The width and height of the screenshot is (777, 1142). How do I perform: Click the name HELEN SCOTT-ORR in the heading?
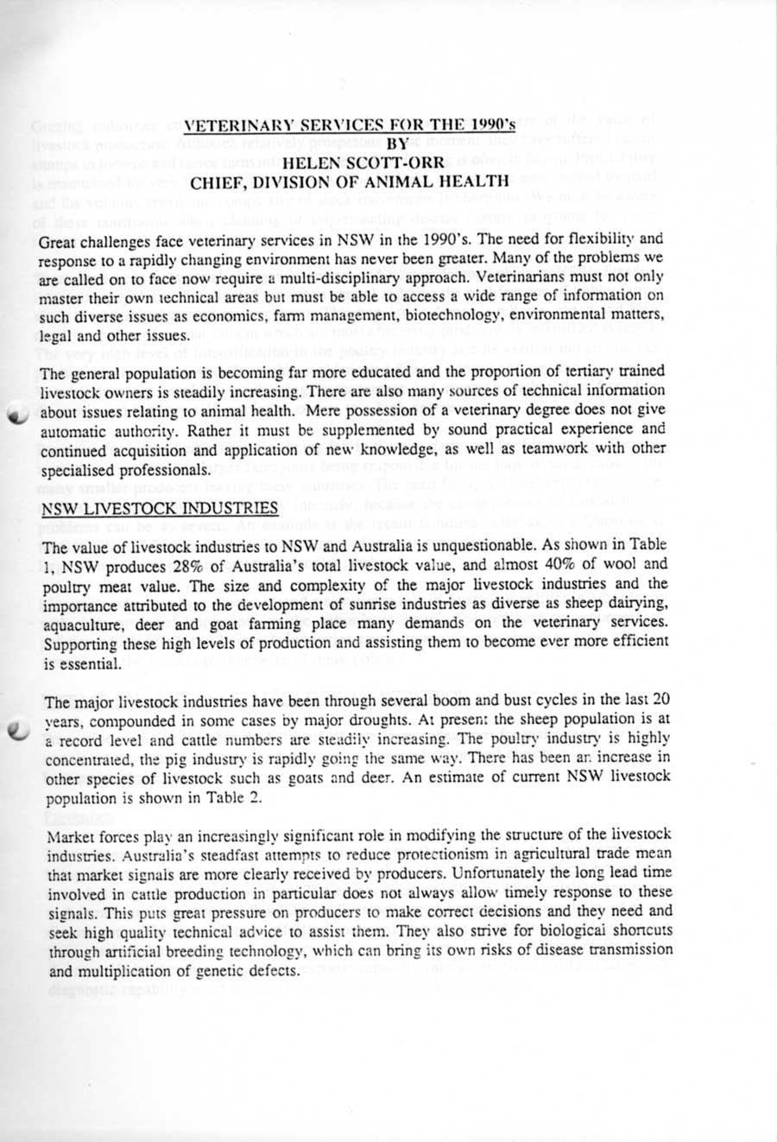[349, 162]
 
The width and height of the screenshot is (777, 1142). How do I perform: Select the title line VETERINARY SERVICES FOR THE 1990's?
[351, 125]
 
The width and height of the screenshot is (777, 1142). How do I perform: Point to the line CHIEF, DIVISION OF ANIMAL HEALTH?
[349, 181]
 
